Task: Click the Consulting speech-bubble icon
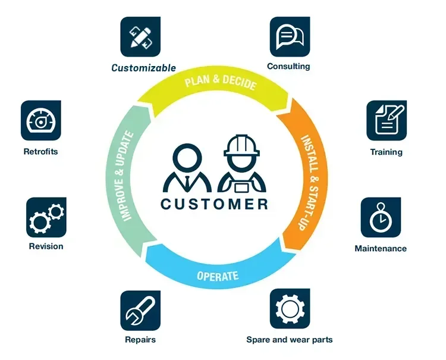[290, 36]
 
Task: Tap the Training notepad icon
[387, 120]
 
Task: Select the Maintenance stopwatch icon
[381, 218]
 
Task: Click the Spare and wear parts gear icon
[290, 309]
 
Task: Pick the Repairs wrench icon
[140, 310]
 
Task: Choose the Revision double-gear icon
[46, 218]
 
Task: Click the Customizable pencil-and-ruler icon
[141, 36]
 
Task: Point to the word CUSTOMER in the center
[214, 204]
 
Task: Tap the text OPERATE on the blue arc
[218, 276]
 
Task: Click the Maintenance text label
[381, 248]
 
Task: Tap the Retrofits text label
[40, 151]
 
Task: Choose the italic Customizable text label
[144, 68]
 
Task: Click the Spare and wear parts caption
[290, 340]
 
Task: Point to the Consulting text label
[288, 66]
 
